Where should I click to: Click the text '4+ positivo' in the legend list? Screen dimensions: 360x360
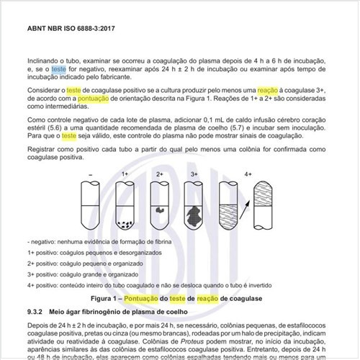coord(44,285)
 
